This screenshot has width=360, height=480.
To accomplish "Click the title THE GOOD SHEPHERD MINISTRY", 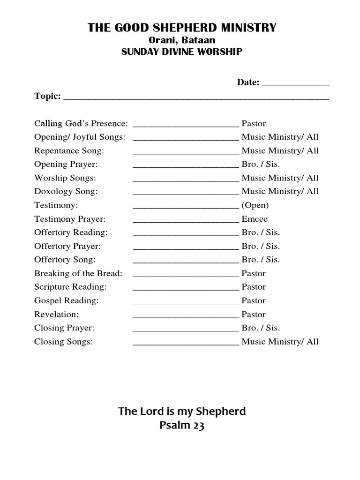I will coord(182,28).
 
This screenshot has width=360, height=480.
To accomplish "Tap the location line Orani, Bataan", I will coord(182,41).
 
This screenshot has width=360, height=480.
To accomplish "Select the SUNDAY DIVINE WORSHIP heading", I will coord(182,52).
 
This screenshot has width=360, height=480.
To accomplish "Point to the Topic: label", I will coord(47,96).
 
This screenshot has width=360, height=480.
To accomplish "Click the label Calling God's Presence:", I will coord(81,124).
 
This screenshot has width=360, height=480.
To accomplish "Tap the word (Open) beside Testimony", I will coord(255,205).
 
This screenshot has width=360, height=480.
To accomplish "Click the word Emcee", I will coord(255,219).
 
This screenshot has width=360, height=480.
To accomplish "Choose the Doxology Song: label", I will coord(66,192).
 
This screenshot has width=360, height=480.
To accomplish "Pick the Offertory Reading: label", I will coord(71,232).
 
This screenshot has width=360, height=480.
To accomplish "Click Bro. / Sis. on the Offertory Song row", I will coord(261,260).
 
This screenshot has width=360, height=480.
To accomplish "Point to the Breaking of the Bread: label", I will coord(78,273).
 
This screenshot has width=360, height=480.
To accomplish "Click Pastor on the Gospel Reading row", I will coord(254,300).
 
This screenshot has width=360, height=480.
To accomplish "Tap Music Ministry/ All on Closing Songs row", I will coord(280,342).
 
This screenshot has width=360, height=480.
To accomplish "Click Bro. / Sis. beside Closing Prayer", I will coord(261,328).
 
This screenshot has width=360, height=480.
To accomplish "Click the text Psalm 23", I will coord(182,426).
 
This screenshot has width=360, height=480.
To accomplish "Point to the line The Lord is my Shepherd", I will coord(182,412).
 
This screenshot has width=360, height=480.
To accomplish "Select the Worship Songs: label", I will coord(65,178).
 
